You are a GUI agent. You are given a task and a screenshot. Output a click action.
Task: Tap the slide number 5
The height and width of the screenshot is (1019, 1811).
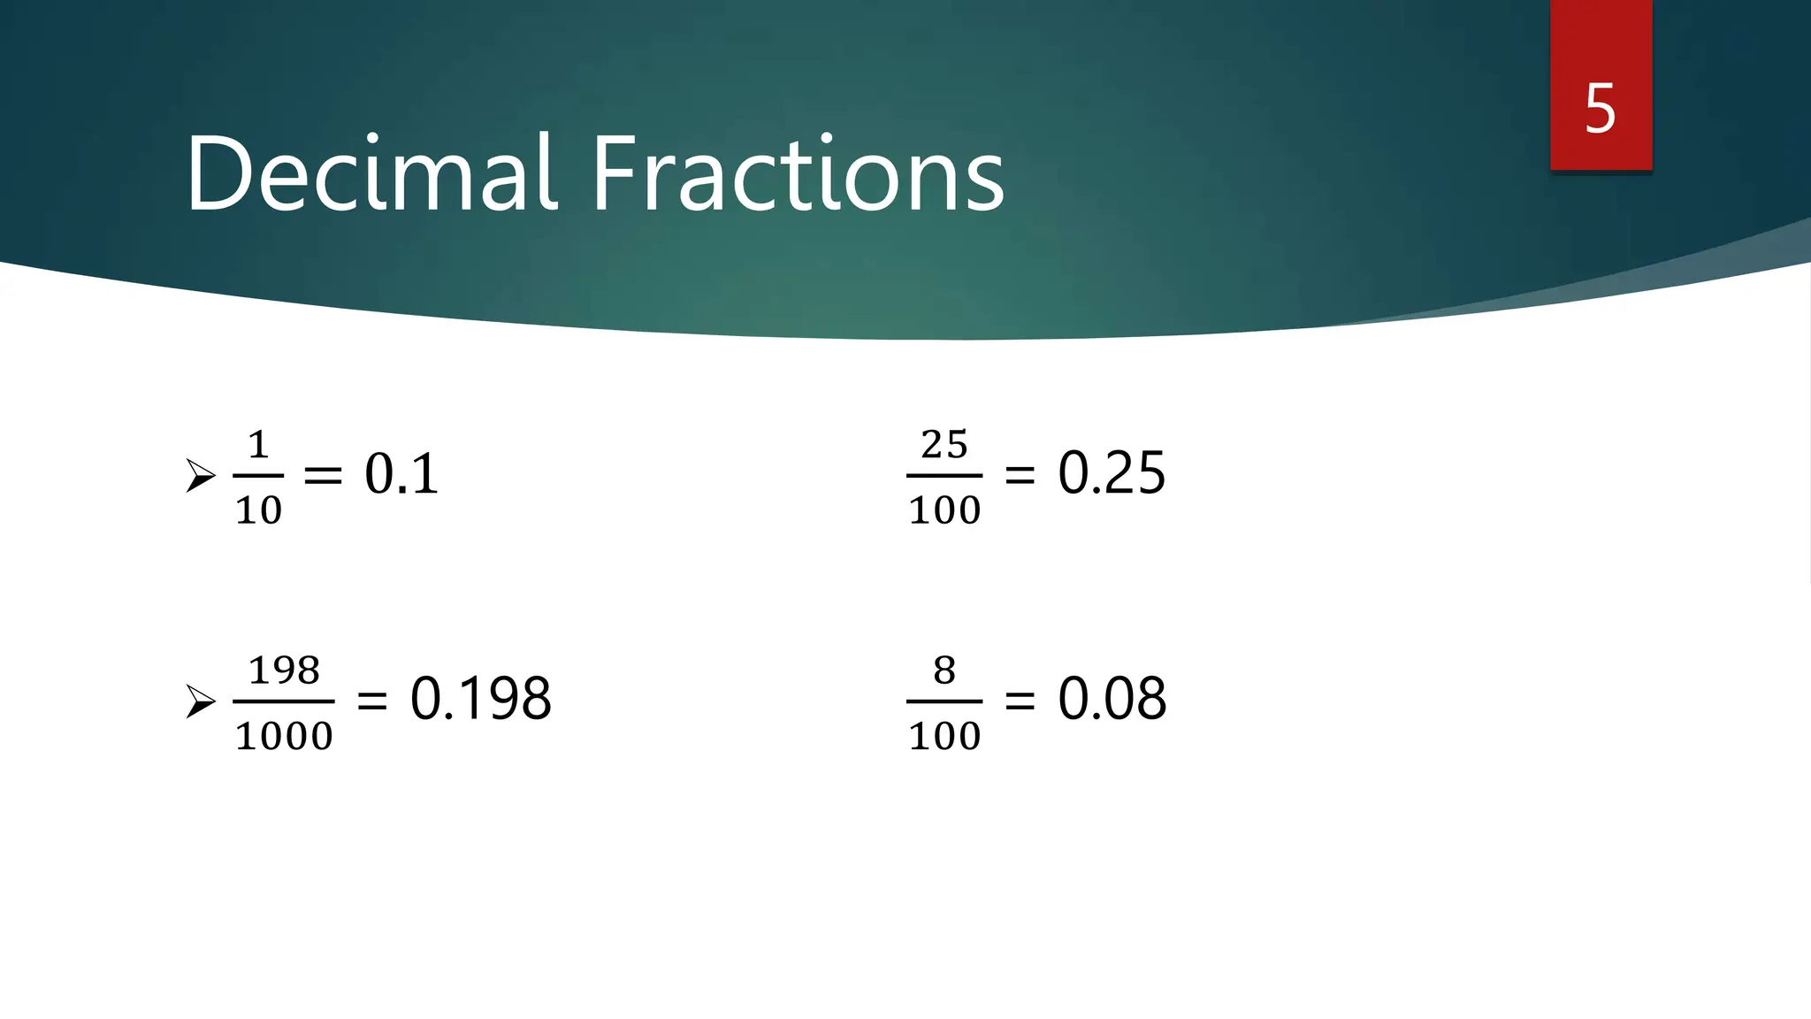click(x=1600, y=109)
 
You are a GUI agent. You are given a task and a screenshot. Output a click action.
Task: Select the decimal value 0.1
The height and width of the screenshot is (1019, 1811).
click(x=401, y=474)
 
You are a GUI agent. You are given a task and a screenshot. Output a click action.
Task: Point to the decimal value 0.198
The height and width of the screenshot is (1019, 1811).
click(x=480, y=699)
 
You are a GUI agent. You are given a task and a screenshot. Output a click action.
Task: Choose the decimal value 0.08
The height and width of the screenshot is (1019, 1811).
click(x=1112, y=699)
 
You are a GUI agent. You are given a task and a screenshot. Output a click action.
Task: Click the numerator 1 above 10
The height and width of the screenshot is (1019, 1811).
click(x=258, y=445)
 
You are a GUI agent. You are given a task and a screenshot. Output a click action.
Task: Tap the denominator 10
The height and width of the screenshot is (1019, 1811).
click(x=258, y=510)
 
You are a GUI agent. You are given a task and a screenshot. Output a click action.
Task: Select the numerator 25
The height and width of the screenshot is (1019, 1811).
click(x=944, y=445)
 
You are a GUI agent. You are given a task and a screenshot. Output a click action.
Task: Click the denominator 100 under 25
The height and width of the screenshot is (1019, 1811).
click(x=944, y=510)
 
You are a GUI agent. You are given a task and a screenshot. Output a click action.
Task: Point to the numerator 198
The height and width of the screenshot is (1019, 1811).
click(x=284, y=670)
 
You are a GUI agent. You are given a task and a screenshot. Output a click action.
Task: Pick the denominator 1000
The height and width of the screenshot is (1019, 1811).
click(x=284, y=736)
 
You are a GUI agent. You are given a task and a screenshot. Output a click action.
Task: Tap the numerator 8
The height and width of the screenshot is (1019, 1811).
click(x=944, y=670)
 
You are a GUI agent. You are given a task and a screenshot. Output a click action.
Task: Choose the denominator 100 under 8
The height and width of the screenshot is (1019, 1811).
click(x=944, y=736)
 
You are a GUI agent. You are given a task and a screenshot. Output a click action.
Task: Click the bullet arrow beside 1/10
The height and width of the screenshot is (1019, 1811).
click(x=201, y=476)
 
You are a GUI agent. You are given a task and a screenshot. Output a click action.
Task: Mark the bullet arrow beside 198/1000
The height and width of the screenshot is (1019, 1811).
click(x=201, y=701)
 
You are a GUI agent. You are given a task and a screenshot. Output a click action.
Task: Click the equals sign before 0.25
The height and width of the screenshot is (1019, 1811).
click(x=1020, y=476)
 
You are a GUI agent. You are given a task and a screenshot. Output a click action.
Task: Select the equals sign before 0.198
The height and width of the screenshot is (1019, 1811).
click(x=371, y=701)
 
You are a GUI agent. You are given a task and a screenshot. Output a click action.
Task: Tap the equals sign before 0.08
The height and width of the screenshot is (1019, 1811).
click(x=1020, y=701)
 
